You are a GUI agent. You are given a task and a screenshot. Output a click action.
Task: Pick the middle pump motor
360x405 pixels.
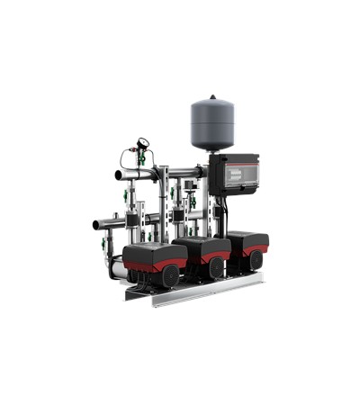(x=202, y=252)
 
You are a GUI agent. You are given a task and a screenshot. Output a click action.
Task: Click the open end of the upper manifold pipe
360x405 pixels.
(x=119, y=175)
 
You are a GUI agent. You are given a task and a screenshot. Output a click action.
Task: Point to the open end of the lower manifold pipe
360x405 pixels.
(x=95, y=223)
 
